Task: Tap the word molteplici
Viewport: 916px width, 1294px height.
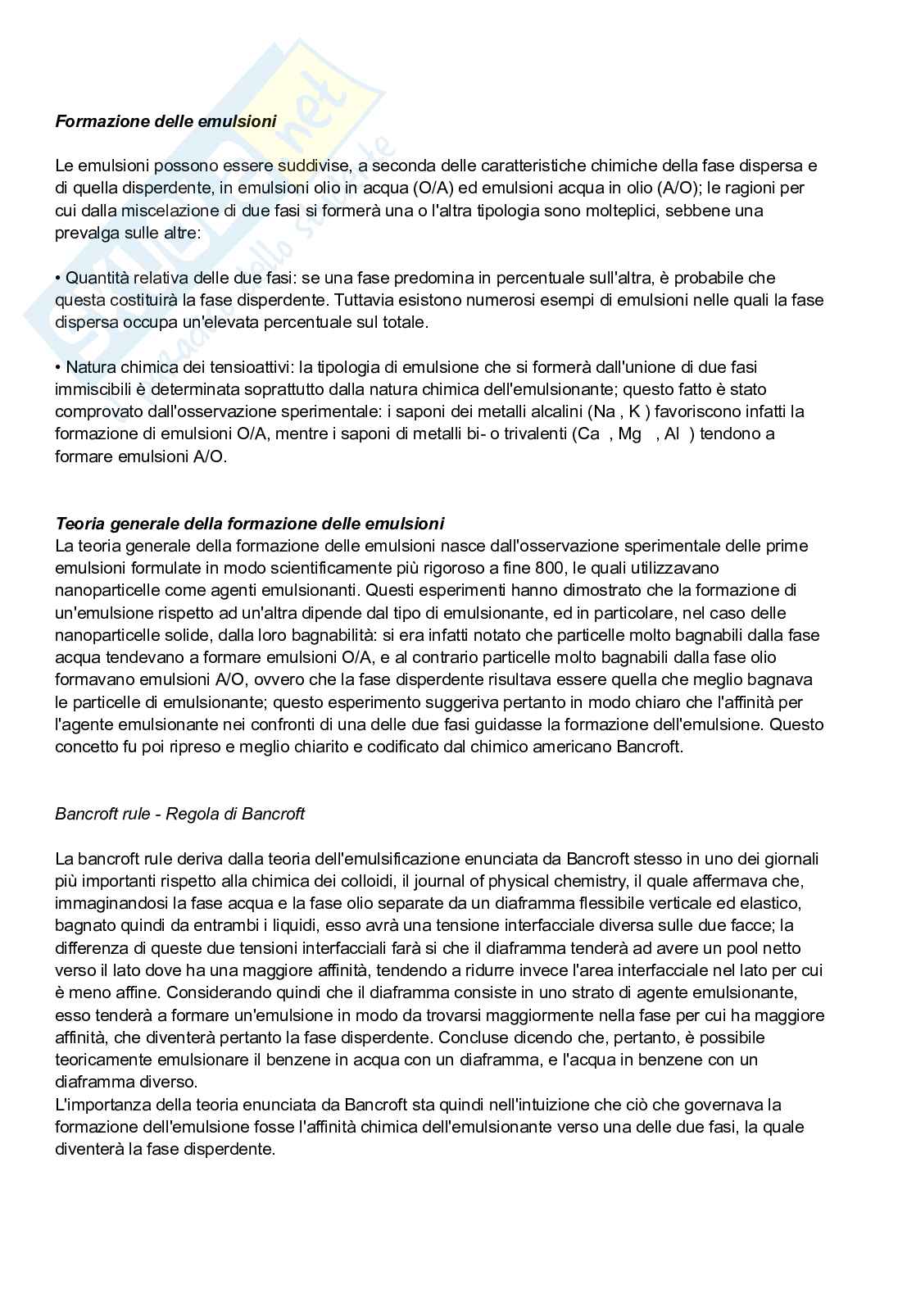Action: click(618, 211)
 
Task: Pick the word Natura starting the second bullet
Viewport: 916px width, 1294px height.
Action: click(90, 366)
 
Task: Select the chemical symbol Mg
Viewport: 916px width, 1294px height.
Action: click(629, 434)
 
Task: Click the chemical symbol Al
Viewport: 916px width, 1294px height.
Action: click(673, 434)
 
